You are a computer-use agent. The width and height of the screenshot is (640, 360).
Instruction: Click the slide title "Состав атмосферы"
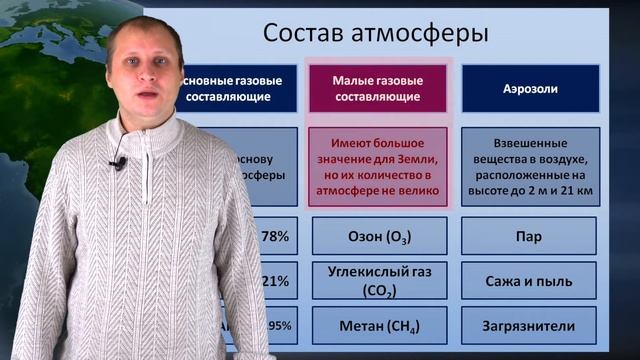(x=375, y=32)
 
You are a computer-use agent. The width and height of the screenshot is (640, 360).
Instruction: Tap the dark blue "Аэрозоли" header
(x=530, y=88)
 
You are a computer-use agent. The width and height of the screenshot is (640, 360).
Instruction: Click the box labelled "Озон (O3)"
(x=375, y=237)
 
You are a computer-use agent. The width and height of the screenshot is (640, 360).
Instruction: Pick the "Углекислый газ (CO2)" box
(x=375, y=281)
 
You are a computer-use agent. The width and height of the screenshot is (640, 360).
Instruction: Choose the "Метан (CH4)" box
(x=375, y=325)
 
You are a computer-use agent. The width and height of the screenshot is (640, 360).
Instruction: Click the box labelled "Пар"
(x=530, y=237)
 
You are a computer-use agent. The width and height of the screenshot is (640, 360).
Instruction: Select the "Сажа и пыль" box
(x=530, y=281)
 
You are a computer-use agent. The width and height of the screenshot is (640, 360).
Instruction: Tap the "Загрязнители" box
(x=530, y=325)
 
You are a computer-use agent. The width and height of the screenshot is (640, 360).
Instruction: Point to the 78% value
(x=274, y=237)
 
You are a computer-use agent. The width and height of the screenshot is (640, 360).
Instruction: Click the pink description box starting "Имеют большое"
(x=375, y=167)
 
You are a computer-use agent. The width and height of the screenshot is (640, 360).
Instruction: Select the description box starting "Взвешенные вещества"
(x=530, y=167)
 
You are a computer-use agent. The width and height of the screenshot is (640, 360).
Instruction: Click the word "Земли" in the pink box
(x=417, y=158)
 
